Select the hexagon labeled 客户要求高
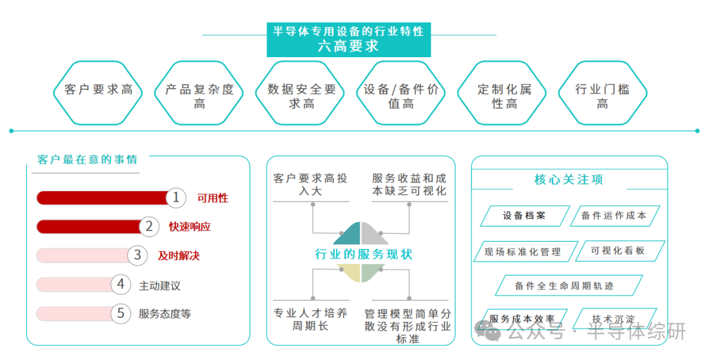point(98,93)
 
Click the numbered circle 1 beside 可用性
point(175,198)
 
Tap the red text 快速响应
point(190,227)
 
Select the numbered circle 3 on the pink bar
point(137,255)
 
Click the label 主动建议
point(160,286)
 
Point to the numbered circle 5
point(121,313)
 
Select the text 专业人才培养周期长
point(311,319)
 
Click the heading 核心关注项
point(569,179)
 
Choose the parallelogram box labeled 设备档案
point(524,215)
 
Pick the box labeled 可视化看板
point(618,250)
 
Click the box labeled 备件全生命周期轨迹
point(568,286)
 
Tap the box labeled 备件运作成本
point(614,215)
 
